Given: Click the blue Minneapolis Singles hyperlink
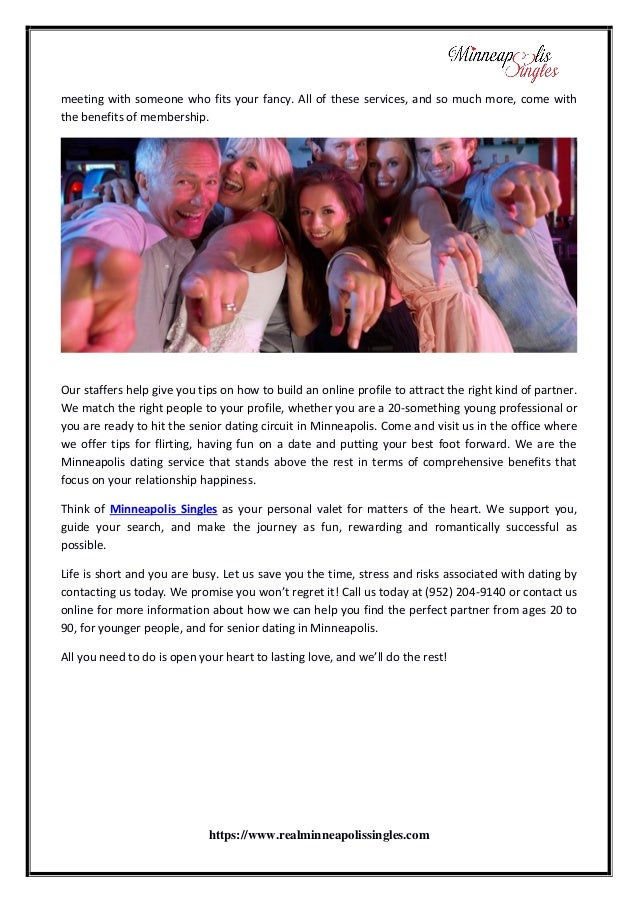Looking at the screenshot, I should pos(163,508).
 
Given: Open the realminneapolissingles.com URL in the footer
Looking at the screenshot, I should pos(318,834).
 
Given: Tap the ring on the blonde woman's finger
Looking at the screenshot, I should pos(229,307).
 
